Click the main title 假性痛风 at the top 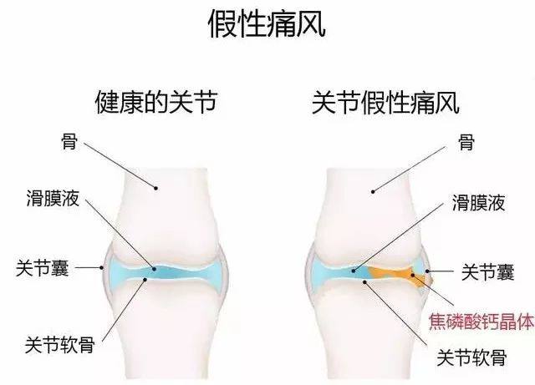(x=267, y=24)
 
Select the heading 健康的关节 (x=156, y=102)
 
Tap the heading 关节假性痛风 (x=385, y=102)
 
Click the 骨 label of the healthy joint (x=69, y=141)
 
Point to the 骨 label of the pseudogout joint (x=466, y=143)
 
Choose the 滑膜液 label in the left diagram (x=53, y=198)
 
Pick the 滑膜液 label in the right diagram (x=478, y=203)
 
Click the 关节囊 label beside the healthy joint (x=42, y=268)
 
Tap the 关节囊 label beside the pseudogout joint (x=487, y=272)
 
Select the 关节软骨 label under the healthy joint (x=59, y=345)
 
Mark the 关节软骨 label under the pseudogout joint (x=471, y=357)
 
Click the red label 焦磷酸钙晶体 (x=481, y=322)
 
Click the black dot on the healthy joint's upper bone (x=156, y=188)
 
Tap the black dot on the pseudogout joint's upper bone (x=373, y=191)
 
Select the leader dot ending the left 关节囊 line (x=102, y=268)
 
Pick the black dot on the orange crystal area (x=412, y=275)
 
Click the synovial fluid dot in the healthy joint (x=154, y=269)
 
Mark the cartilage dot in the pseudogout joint (x=364, y=281)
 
